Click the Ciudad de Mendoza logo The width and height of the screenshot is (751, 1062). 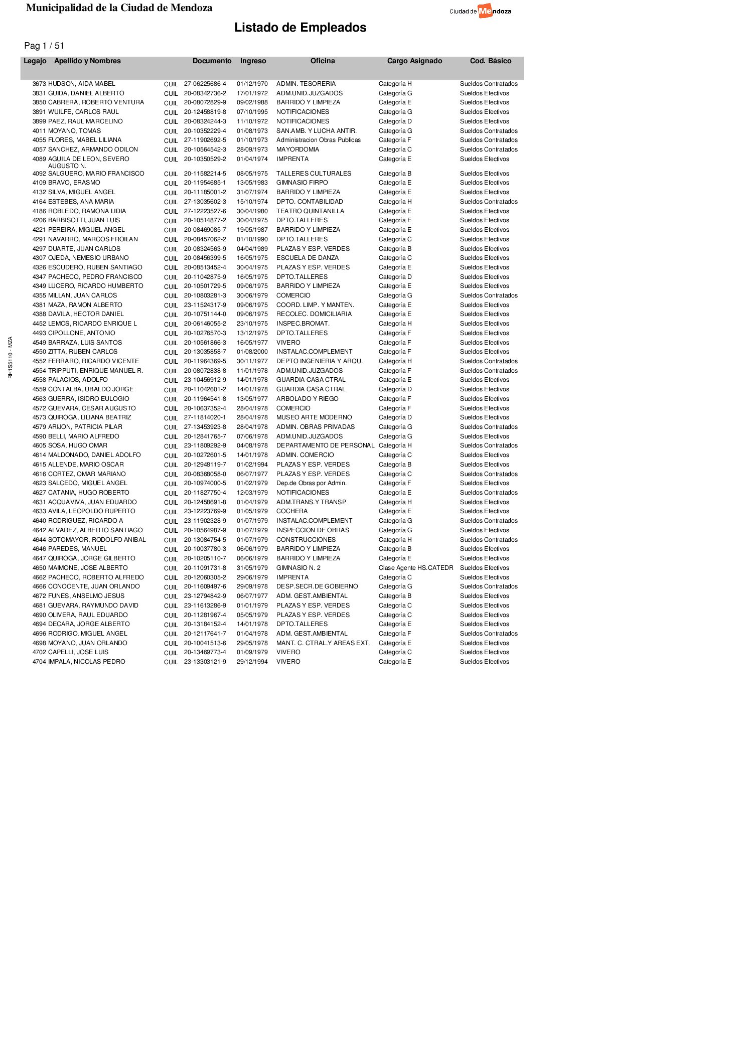(x=480, y=11)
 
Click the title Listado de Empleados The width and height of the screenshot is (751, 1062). (x=300, y=28)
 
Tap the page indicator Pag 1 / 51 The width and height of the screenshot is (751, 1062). (x=44, y=46)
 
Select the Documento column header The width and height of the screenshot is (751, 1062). (x=212, y=61)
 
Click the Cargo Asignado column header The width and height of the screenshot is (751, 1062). (x=414, y=61)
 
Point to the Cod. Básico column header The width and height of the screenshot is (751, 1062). (x=490, y=61)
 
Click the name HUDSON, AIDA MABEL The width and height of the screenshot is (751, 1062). (x=81, y=84)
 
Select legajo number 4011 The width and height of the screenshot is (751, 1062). (x=39, y=131)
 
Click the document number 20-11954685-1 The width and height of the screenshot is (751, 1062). (x=205, y=183)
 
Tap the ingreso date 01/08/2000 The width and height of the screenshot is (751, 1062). (x=252, y=352)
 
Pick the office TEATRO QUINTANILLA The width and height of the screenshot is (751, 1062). (x=310, y=211)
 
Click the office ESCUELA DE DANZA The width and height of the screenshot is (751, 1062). (x=307, y=258)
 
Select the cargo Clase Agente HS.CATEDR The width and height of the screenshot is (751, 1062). (x=415, y=568)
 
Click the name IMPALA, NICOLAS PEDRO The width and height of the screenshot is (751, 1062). (x=86, y=662)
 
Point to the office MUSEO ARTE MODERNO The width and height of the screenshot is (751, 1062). (x=314, y=417)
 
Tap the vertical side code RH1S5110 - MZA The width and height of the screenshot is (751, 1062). (x=11, y=358)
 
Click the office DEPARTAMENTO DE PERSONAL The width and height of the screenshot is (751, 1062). (x=325, y=445)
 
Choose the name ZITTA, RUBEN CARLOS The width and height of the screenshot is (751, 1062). (x=82, y=352)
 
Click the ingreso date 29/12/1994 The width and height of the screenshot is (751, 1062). (x=252, y=662)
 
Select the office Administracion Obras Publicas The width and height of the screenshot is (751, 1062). (x=318, y=140)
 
